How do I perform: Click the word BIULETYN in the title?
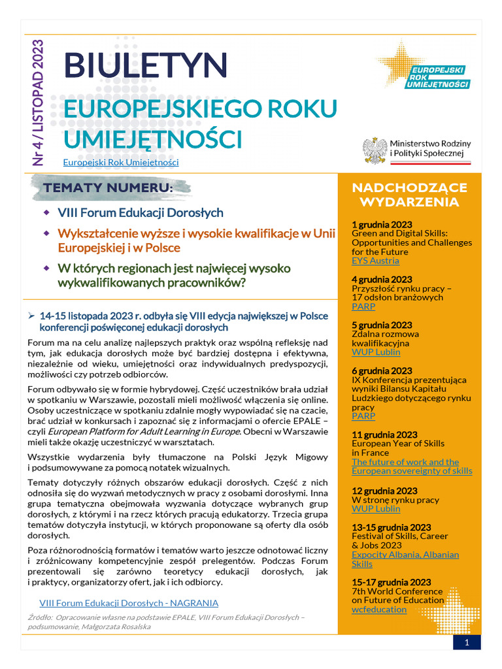click(145, 65)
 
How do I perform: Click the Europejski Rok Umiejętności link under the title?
click(120, 162)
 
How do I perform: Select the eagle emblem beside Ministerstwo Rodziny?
click(375, 150)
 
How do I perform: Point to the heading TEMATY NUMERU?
click(109, 189)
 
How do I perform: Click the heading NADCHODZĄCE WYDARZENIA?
click(409, 195)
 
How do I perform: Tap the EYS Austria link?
click(375, 261)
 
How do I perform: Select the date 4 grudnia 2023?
click(382, 279)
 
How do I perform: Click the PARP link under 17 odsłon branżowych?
click(363, 306)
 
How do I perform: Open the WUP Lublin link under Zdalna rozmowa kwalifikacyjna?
click(376, 351)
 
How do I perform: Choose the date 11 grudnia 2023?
click(384, 434)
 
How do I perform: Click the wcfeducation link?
click(379, 609)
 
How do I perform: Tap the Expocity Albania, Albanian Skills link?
click(405, 559)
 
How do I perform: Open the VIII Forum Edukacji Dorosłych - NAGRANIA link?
click(129, 602)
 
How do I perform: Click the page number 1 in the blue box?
click(467, 643)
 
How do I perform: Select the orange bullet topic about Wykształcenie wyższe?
click(192, 240)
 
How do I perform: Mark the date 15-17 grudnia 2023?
click(391, 582)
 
